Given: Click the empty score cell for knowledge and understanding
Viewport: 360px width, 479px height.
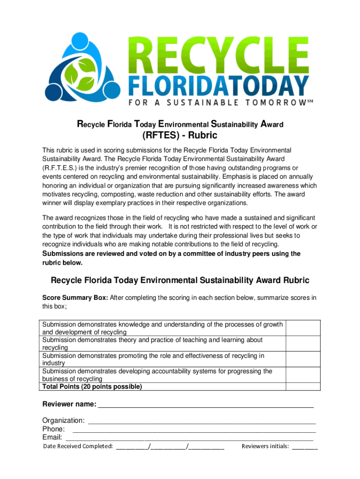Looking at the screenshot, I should (x=302, y=328).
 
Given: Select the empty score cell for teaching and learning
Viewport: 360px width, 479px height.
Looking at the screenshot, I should (x=302, y=343).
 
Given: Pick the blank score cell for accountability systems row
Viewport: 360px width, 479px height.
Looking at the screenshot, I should (x=302, y=374).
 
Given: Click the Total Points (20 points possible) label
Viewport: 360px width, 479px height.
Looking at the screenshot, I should (x=92, y=387).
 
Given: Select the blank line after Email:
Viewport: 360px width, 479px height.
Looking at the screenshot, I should (x=189, y=437).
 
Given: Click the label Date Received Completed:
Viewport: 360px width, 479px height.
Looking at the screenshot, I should (x=78, y=446).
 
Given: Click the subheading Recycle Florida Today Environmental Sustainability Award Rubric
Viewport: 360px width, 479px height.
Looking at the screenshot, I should (x=180, y=281).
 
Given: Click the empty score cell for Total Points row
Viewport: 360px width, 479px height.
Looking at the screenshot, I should (x=302, y=386).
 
